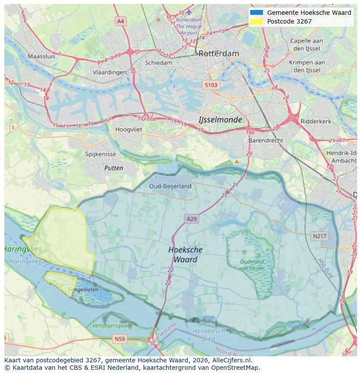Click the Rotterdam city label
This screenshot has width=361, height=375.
[x=218, y=54]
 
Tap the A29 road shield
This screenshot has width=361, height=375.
[x=191, y=219]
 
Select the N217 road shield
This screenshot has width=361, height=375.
[x=320, y=236]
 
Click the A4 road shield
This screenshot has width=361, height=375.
[x=121, y=21]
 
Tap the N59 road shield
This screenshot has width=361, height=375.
[x=119, y=338]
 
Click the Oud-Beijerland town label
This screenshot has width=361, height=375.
[x=170, y=186]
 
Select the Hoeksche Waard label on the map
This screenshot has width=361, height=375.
[x=185, y=254]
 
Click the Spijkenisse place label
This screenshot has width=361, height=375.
[x=101, y=154]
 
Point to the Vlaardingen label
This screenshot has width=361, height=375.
[x=109, y=73]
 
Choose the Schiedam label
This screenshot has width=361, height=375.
[x=158, y=63]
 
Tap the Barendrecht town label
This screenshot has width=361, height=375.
[x=266, y=141]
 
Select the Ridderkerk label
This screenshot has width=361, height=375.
[x=316, y=122]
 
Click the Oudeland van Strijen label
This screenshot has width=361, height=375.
[x=252, y=265]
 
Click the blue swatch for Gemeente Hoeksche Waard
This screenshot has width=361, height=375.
[x=256, y=13]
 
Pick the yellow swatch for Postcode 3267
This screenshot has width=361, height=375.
[x=256, y=21]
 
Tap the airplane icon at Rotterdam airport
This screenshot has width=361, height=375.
[x=188, y=11]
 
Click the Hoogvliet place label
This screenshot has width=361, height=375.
[x=129, y=129]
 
